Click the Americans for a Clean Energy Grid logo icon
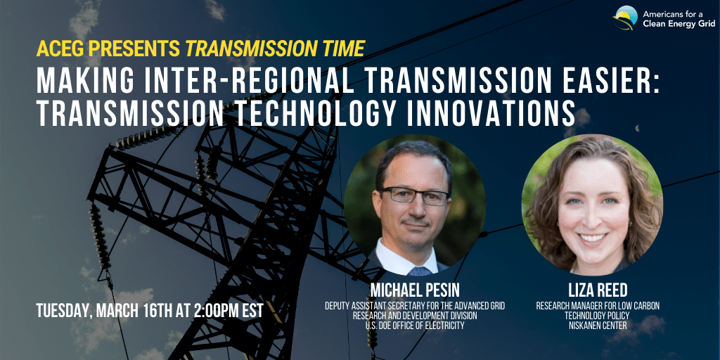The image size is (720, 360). (625, 18)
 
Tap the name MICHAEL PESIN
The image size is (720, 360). (415, 290)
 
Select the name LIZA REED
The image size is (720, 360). (598, 290)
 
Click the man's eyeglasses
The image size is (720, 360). (415, 195)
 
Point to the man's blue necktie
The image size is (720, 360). (420, 271)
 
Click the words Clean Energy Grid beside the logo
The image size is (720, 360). (679, 24)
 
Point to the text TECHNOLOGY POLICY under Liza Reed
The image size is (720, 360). (598, 316)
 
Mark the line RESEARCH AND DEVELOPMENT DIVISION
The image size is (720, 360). (415, 316)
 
